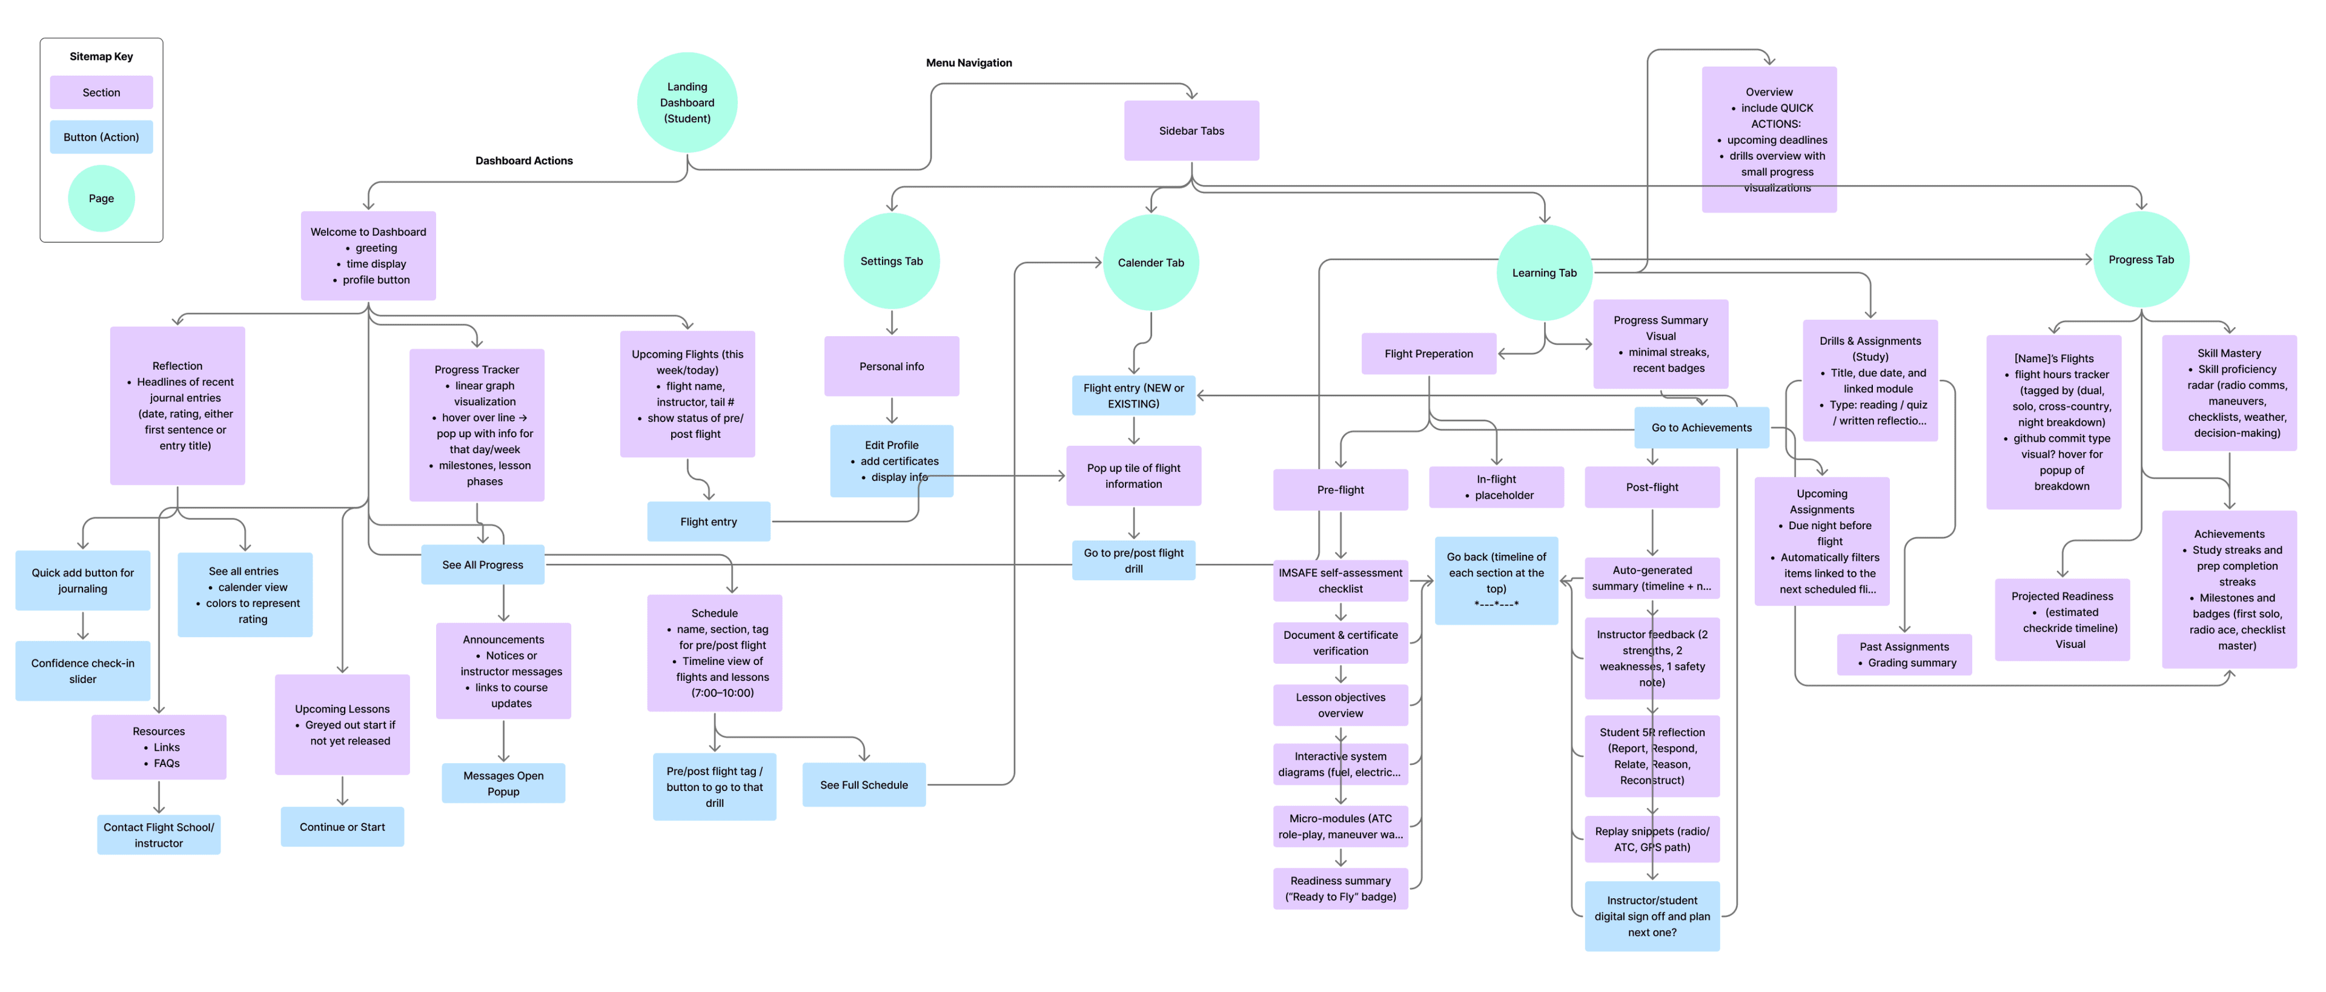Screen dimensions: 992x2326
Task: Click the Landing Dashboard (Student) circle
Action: (x=686, y=102)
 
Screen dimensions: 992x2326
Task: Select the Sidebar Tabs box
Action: (x=1190, y=131)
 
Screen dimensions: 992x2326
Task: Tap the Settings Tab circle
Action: (x=890, y=261)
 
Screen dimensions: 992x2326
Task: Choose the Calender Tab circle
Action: (x=1150, y=263)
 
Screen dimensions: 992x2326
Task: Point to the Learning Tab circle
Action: (x=1543, y=273)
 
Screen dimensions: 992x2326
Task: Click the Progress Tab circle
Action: (x=2140, y=260)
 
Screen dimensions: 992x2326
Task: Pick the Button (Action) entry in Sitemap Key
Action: (x=101, y=137)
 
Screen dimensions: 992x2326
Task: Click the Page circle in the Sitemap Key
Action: (x=101, y=199)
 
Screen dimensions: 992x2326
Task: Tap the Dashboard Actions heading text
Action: (x=524, y=160)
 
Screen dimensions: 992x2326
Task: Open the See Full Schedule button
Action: (x=863, y=784)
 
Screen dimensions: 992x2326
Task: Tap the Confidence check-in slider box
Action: (x=82, y=670)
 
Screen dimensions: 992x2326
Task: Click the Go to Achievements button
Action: (x=1700, y=428)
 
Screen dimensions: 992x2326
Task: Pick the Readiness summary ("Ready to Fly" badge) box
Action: (x=1339, y=888)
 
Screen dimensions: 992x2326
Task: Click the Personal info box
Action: (x=890, y=366)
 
